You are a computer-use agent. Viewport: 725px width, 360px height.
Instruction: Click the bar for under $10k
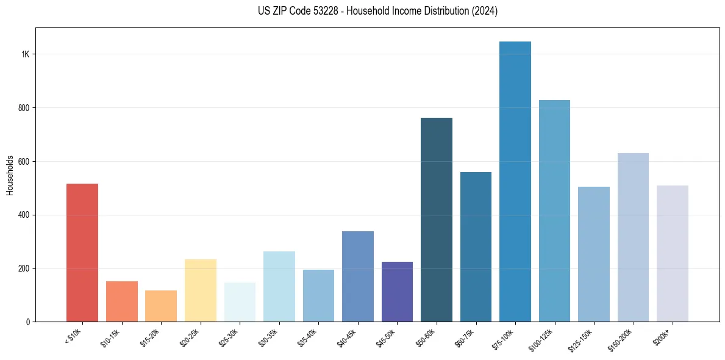(x=82, y=253)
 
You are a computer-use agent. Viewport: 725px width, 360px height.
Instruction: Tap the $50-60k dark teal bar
(x=437, y=220)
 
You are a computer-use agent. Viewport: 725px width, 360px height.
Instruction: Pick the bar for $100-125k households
(x=554, y=211)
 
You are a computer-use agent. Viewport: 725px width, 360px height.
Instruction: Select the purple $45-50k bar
(x=397, y=292)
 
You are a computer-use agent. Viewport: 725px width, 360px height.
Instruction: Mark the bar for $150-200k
(x=633, y=237)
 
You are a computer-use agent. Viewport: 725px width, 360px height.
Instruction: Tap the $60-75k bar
(x=476, y=247)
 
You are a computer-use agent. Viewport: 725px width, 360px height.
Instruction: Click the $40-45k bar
(x=358, y=276)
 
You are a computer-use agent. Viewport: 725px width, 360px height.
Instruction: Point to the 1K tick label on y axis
(x=26, y=54)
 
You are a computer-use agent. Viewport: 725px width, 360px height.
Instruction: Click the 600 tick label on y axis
(x=24, y=162)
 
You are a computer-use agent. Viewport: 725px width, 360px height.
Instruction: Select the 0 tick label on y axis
(x=27, y=322)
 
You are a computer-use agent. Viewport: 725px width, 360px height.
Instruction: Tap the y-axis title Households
(x=10, y=175)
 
